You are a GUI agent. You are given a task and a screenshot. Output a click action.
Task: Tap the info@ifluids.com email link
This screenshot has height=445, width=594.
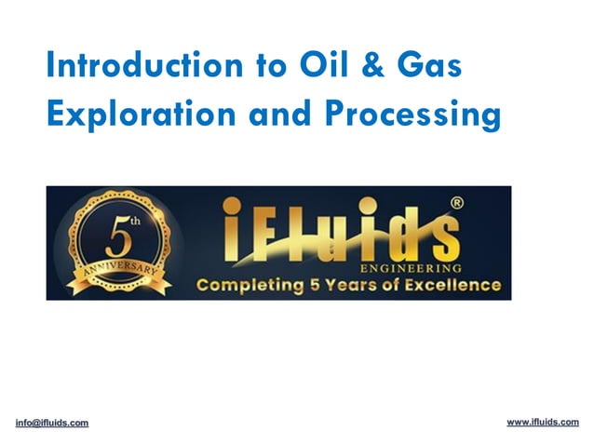click(52, 423)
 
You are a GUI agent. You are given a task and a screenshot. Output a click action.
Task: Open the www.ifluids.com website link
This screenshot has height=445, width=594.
click(543, 422)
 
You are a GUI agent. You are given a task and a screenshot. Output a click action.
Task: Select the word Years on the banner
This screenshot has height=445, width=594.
click(357, 284)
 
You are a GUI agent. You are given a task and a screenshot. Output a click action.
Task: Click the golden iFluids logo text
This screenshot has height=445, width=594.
click(339, 231)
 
